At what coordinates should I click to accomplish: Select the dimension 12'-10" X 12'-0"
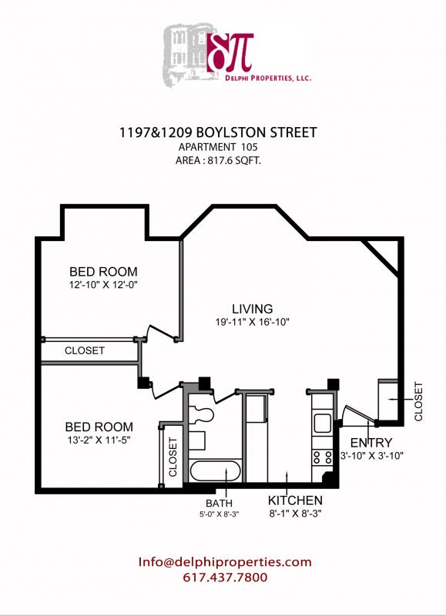103,284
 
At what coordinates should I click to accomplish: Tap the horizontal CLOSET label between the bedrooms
85,350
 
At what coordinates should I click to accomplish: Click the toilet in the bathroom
203,413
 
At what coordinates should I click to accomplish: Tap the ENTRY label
371,443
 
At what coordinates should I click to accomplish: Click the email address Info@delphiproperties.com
225,562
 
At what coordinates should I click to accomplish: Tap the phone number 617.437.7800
225,577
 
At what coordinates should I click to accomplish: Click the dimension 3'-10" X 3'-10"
372,455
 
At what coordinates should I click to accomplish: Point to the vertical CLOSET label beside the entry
419,401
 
